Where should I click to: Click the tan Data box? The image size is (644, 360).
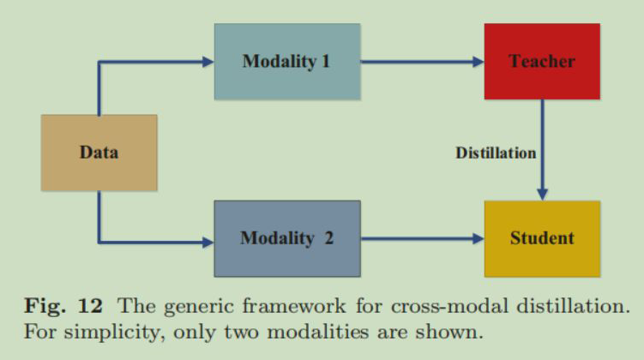(x=99, y=153)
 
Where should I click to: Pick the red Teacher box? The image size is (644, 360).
(x=541, y=62)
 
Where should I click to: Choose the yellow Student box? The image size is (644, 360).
(x=541, y=238)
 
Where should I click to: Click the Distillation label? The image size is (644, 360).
(x=496, y=153)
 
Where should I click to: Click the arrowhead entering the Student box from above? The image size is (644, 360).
(x=542, y=194)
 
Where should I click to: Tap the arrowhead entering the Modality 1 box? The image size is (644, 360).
(x=207, y=62)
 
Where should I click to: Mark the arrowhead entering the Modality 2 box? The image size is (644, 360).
(x=207, y=243)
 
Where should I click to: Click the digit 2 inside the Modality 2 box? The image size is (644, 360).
(x=328, y=238)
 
